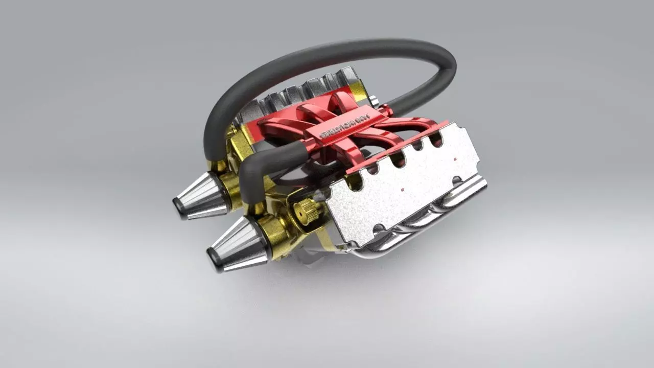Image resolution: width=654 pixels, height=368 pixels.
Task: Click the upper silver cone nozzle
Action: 201,196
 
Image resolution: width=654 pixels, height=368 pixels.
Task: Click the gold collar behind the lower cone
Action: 273,236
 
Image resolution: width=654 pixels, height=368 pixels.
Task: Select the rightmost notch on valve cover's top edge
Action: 436,140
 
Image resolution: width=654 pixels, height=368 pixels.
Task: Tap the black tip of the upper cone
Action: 179,207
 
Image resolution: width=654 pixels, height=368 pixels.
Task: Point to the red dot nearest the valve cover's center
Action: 403,190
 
